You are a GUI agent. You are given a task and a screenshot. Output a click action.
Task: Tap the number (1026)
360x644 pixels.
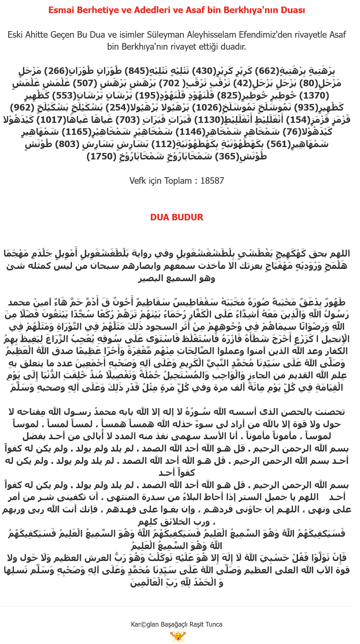click(206, 108)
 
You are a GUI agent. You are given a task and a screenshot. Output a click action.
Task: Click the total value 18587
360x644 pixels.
click(212, 181)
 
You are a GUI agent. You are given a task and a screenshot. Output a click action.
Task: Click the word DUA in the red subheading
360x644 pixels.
click(160, 217)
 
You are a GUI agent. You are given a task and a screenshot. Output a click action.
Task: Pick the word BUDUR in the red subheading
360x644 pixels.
click(188, 217)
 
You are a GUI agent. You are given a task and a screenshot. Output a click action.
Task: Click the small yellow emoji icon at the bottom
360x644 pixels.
click(178, 636)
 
